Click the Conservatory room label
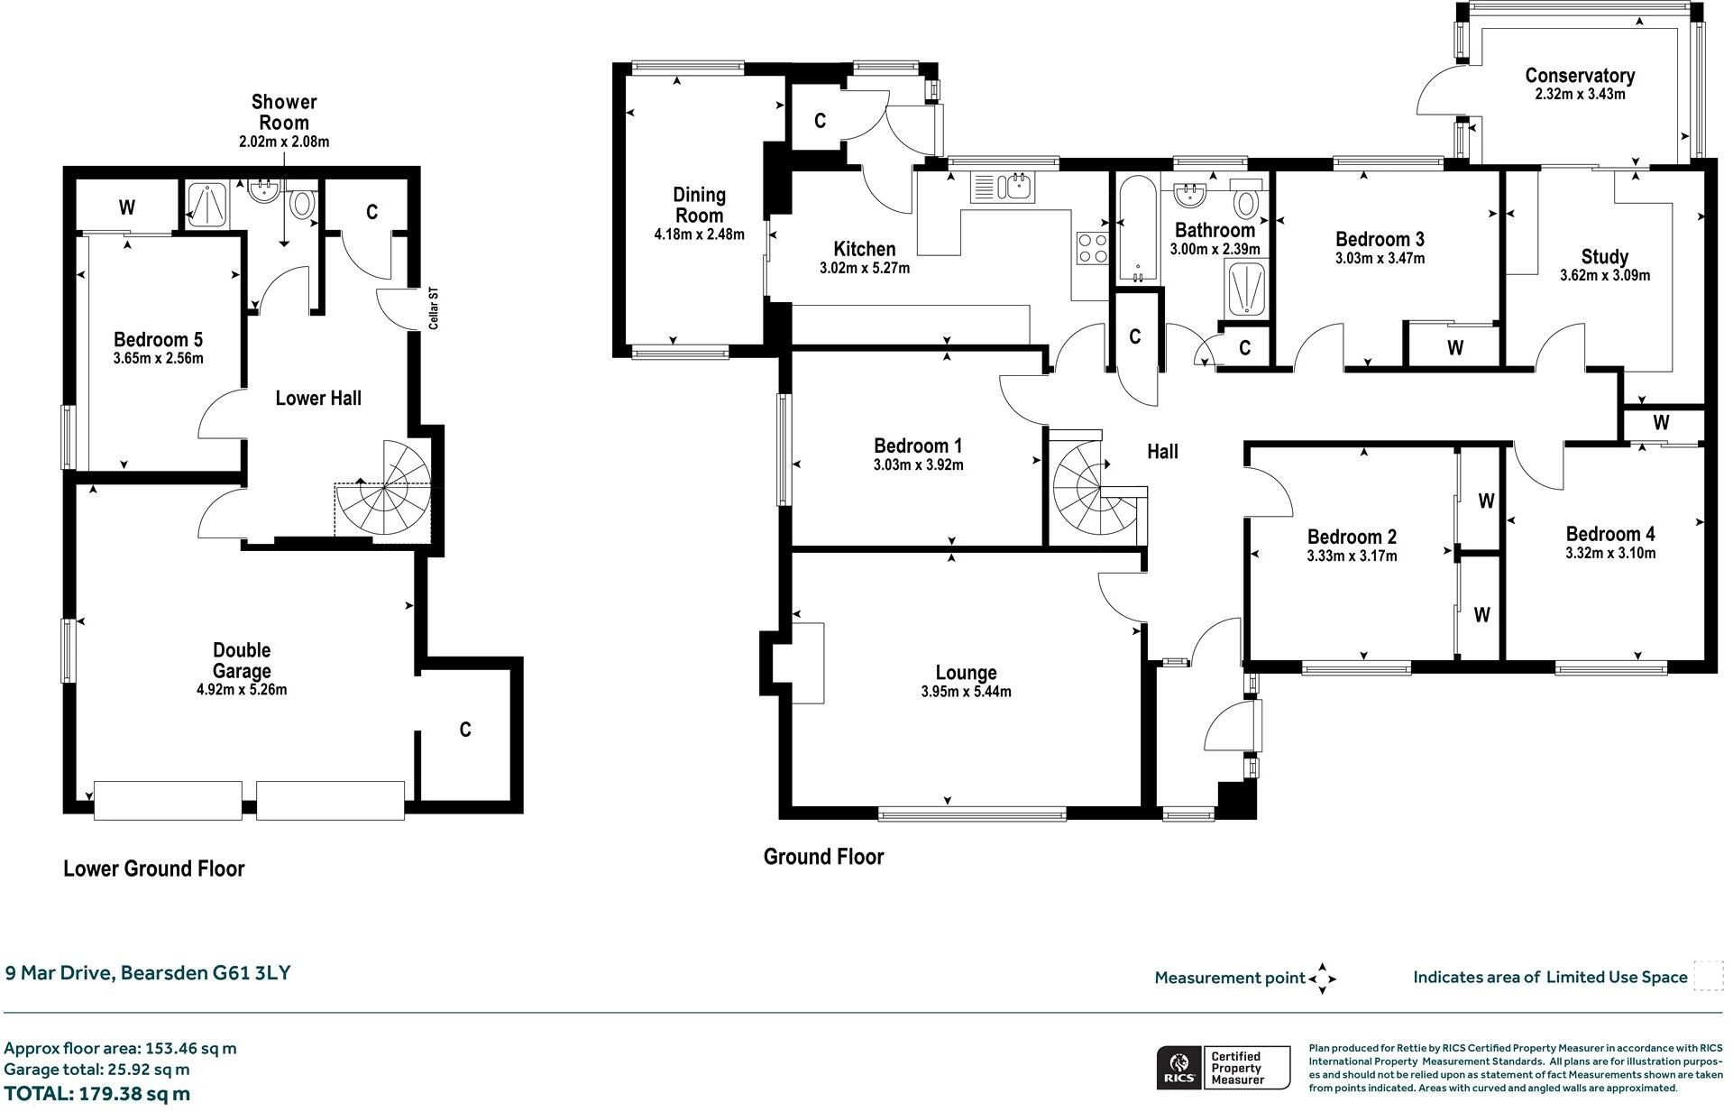pos(1579,76)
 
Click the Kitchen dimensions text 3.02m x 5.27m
pos(864,268)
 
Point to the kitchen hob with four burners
pos(1092,247)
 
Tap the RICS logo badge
pos(1178,1068)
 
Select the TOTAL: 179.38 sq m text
pos(97,1093)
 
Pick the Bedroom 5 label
pos(158,339)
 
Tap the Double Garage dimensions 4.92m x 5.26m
pos(242,690)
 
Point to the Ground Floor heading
pos(823,856)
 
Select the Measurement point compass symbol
pos(1322,978)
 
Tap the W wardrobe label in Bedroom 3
pos(1454,348)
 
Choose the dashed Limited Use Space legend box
pos(1708,976)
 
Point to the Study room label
pos(1604,256)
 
